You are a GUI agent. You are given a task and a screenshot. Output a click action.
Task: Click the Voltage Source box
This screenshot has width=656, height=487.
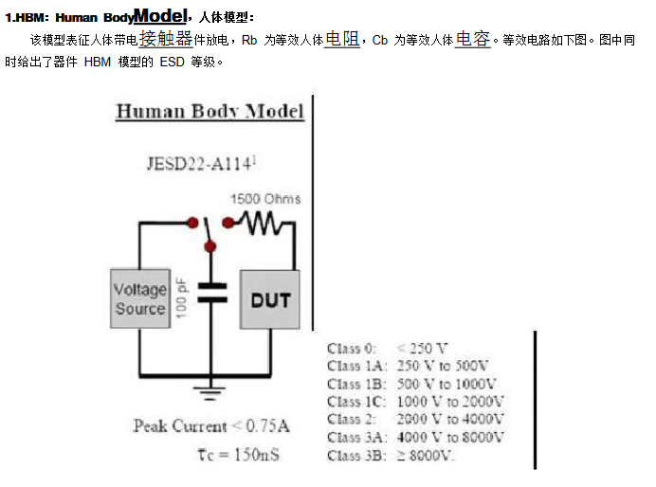(140, 299)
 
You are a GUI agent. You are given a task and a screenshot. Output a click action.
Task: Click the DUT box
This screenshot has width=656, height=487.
(270, 300)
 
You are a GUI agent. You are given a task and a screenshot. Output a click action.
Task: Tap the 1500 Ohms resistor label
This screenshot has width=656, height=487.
(265, 199)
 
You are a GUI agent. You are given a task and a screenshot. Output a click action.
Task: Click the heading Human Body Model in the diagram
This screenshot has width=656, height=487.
(210, 112)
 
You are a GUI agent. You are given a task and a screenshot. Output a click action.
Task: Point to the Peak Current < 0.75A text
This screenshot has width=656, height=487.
(211, 426)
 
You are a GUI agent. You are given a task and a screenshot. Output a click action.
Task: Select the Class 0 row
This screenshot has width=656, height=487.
(388, 348)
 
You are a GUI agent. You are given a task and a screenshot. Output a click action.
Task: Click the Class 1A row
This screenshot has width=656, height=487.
(408, 366)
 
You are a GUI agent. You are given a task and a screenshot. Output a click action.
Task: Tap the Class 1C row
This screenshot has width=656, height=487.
(415, 401)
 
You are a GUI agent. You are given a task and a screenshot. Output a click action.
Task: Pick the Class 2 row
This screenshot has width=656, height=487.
(415, 419)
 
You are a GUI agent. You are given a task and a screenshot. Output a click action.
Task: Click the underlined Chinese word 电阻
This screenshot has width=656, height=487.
(341, 40)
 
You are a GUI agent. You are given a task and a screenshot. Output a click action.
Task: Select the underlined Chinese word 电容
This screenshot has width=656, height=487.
(472, 40)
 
